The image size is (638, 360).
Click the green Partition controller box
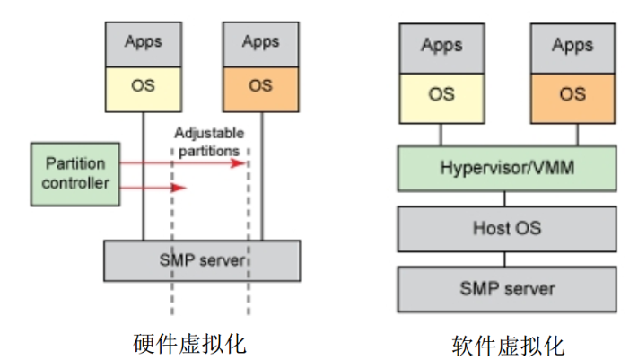(74, 173)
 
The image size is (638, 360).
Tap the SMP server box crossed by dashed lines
(202, 260)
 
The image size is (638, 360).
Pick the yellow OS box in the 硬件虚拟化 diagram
(143, 86)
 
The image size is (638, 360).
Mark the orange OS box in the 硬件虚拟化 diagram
(260, 86)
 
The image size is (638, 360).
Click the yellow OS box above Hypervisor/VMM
(440, 94)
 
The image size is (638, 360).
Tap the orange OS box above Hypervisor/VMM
(572, 94)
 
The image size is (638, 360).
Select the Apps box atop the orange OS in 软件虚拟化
(572, 46)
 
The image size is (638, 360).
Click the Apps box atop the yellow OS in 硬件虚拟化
(143, 41)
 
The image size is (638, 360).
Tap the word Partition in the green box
(75, 164)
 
